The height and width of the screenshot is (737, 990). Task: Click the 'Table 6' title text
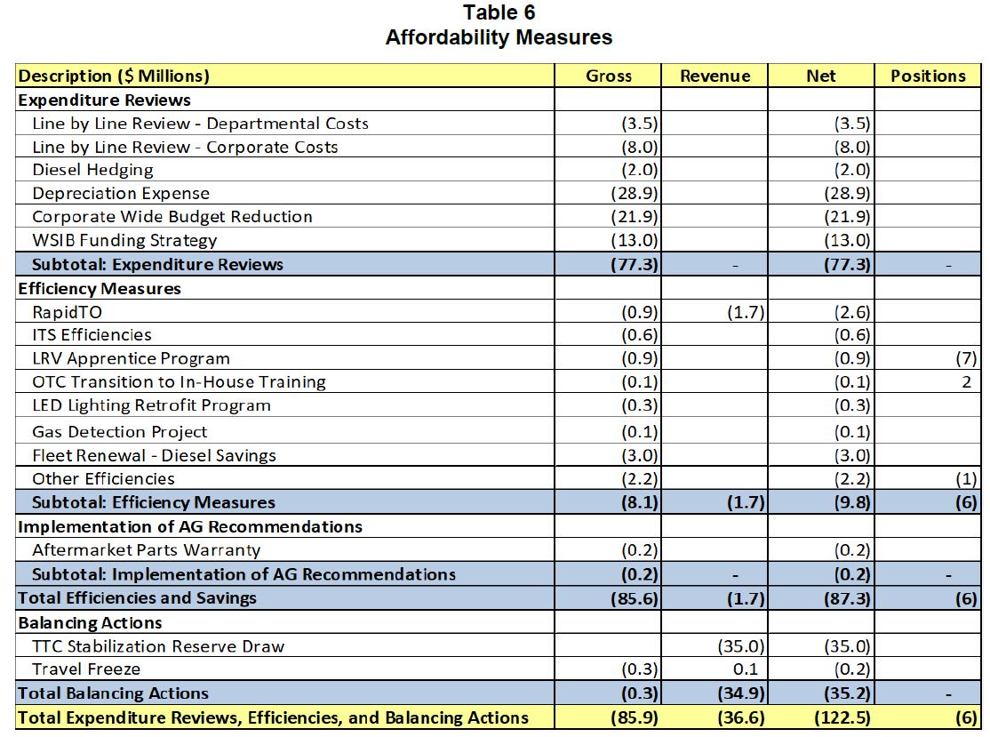point(499,12)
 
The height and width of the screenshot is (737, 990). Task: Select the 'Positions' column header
point(928,76)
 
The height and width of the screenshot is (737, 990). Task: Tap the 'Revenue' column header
point(715,76)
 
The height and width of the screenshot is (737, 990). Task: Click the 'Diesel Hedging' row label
point(92,170)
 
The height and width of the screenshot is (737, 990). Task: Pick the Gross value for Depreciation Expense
point(635,194)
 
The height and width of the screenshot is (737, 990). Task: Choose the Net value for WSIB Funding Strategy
point(847,240)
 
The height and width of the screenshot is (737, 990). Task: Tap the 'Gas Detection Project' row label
point(119,432)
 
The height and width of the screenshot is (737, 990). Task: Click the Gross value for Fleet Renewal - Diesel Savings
point(640,456)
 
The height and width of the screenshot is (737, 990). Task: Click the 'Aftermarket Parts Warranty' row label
point(146,550)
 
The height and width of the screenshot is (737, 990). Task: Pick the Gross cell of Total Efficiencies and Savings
point(635,598)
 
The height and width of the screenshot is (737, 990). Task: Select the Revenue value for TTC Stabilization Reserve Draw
point(739,646)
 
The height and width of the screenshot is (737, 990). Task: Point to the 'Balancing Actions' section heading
point(90,622)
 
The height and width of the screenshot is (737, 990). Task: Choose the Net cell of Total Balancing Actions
point(847,693)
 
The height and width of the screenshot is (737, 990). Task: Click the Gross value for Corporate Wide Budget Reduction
point(635,217)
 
